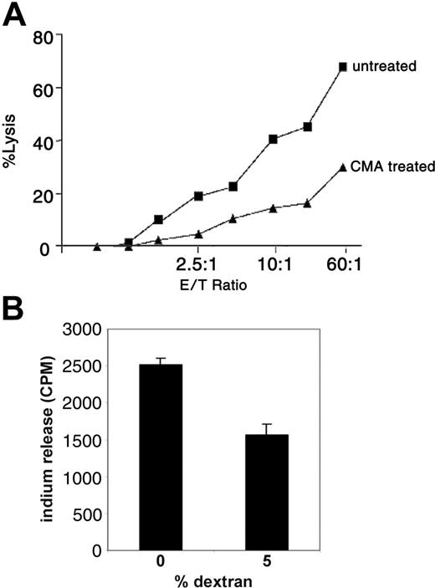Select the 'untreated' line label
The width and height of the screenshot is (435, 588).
point(387,65)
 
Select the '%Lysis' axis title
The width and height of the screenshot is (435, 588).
point(12,145)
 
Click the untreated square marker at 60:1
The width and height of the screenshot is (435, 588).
point(343,66)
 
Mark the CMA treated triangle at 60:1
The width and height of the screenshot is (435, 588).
point(343,167)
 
